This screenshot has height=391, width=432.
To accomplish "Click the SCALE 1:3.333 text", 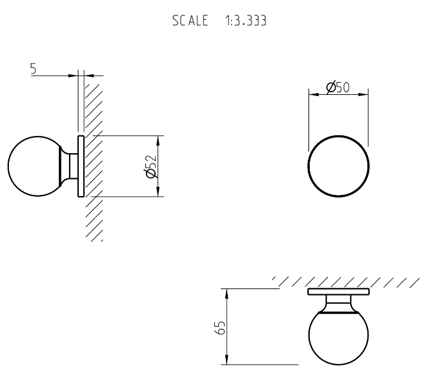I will pyautogui.click(x=218, y=21).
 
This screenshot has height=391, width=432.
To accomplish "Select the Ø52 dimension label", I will pyautogui.click(x=151, y=166).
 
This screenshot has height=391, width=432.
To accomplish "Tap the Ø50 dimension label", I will pyautogui.click(x=337, y=88).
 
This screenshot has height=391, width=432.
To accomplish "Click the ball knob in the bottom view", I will pyautogui.click(x=338, y=337).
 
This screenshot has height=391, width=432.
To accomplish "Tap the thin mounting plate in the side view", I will pyautogui.click(x=81, y=166).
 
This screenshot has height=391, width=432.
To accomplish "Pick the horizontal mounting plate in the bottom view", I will pyautogui.click(x=338, y=292).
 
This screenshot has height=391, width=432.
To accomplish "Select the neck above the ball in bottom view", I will pyautogui.click(x=338, y=301).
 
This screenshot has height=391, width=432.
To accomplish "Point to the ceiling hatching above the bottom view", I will pyautogui.click(x=346, y=281).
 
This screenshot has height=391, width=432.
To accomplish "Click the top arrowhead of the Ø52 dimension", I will pyautogui.click(x=158, y=140).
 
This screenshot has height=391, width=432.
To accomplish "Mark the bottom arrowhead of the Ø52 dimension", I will pyautogui.click(x=158, y=192).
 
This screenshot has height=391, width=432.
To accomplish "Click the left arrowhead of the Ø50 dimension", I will pyautogui.click(x=313, y=96).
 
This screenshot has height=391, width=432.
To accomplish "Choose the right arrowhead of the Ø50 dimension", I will pyautogui.click(x=364, y=96).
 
